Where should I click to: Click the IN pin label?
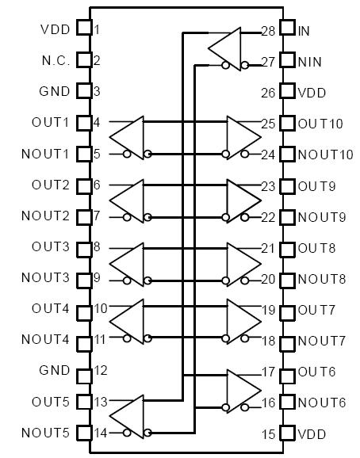(304, 31)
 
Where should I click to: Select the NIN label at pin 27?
(308, 61)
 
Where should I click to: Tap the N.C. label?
(56, 60)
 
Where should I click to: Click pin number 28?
(269, 31)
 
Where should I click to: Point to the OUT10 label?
(320, 124)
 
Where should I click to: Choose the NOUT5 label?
(46, 433)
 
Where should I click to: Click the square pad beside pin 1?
(82, 30)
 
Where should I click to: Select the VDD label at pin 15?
(312, 433)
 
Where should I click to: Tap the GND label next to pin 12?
(55, 370)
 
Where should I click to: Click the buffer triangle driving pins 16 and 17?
(243, 386)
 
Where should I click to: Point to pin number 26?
(269, 93)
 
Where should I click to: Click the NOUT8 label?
(321, 278)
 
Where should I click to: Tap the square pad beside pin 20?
(288, 278)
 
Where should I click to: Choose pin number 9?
(97, 278)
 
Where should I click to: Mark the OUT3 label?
(51, 246)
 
